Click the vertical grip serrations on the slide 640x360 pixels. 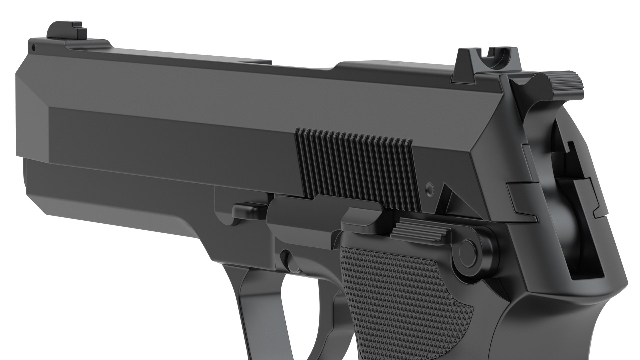(x=357, y=167)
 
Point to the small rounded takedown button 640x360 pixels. (x=248, y=210)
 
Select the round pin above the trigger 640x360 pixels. (x=287, y=260)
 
